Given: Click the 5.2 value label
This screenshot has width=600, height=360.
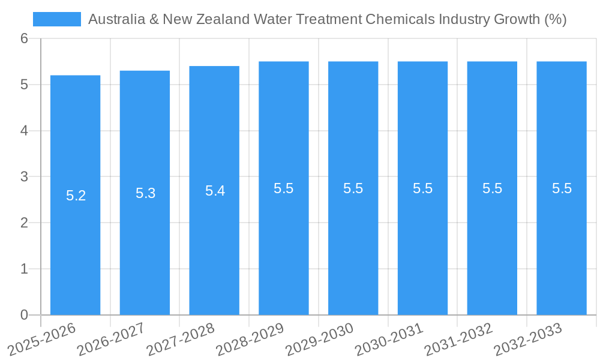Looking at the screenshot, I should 76,196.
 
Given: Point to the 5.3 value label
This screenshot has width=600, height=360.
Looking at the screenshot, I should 145,193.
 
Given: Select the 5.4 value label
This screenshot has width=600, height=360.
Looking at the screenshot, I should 215,191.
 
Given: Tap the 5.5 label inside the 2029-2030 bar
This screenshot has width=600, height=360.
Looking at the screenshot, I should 353,188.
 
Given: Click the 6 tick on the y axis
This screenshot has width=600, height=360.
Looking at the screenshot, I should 24,38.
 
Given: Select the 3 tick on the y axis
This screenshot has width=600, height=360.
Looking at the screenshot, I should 24,177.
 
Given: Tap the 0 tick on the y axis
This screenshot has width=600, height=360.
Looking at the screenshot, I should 24,315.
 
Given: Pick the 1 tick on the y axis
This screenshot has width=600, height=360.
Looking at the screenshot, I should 24,269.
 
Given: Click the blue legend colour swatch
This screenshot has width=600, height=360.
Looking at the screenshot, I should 56,19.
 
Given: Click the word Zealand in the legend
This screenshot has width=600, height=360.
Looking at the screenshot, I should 226,19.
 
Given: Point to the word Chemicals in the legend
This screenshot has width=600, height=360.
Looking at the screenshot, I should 400,19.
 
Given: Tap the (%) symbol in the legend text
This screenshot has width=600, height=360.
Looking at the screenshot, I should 555,19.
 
